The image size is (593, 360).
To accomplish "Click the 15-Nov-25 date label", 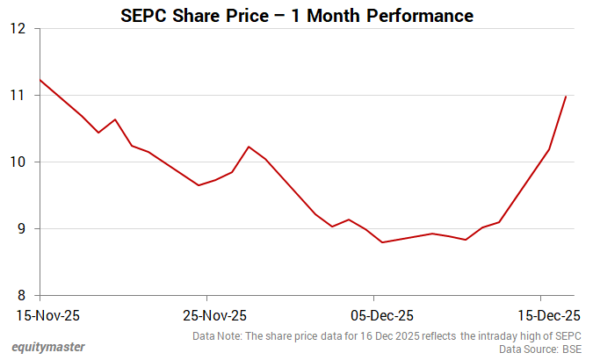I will (x=40, y=314).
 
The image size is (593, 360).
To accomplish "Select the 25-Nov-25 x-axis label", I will (x=206, y=314).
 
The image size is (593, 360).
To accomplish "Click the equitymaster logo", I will (x=49, y=348).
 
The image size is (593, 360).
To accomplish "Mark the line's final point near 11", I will (x=566, y=96).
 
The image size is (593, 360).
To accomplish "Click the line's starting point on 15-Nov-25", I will (x=40, y=80).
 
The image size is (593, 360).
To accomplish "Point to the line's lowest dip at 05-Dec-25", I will (x=382, y=242).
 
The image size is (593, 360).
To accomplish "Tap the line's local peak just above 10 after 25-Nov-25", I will (x=249, y=147).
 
